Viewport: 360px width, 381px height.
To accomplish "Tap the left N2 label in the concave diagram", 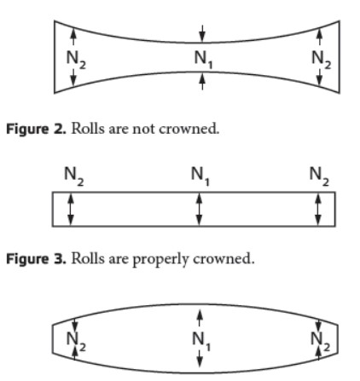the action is point(76,60).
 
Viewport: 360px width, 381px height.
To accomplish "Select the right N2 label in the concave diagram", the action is point(322,60).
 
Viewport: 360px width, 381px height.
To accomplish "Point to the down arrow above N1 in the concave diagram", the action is point(202,33).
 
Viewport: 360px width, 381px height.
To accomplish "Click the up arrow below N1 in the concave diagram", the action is point(202,82).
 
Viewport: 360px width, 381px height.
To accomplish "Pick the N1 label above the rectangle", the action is point(200,176).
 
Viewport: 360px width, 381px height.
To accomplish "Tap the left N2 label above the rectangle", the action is point(74,176).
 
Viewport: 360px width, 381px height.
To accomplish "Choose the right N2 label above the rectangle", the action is point(319,176).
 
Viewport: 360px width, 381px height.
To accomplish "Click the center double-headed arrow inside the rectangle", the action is point(200,209).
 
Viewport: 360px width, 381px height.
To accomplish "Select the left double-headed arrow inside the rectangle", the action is point(71,209).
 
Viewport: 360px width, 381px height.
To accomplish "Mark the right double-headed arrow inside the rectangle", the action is point(318,209).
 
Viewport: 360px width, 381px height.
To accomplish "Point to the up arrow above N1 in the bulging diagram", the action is point(200,318).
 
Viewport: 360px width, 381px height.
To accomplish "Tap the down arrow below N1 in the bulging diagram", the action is point(200,359).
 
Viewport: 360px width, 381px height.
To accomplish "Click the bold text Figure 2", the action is point(37,130).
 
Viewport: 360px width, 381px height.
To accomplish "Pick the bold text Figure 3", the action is point(37,259).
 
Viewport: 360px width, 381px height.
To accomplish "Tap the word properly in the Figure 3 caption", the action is point(160,260).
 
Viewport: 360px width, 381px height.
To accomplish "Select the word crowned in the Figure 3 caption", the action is point(224,259).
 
